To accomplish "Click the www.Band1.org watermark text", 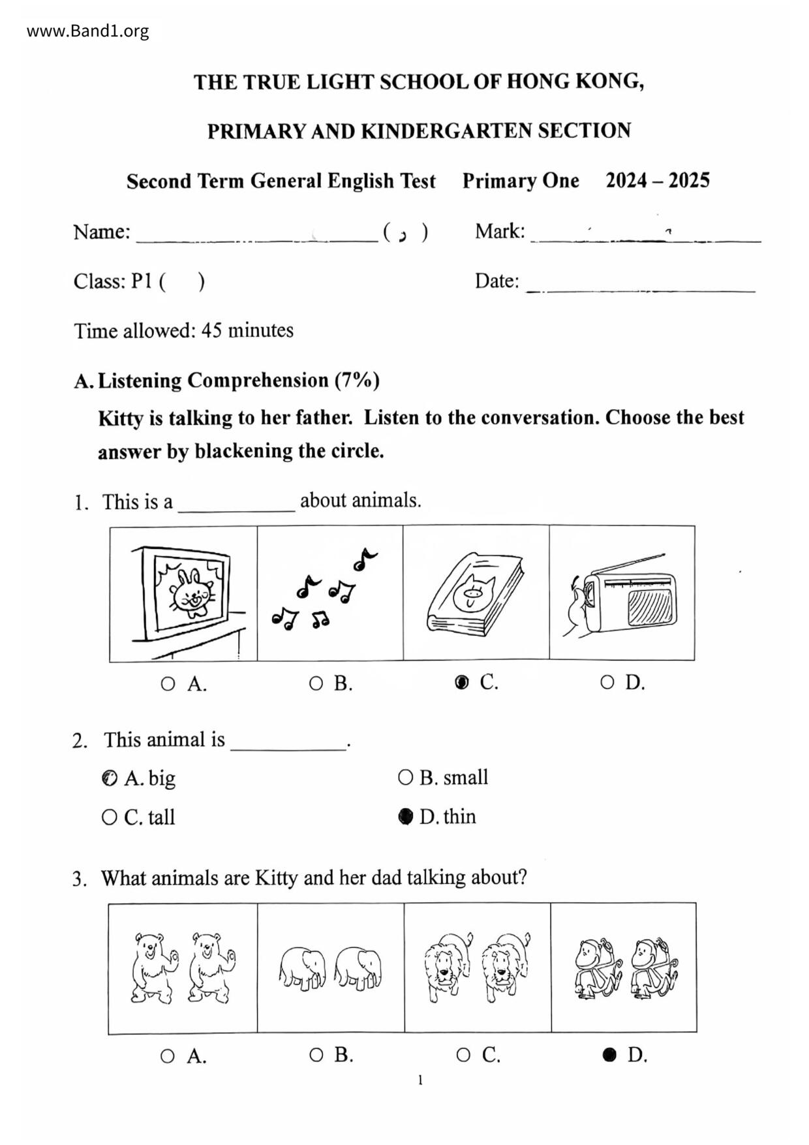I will (87, 31).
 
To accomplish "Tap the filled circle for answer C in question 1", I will (461, 683).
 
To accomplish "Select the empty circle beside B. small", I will (405, 777).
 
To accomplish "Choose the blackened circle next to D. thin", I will (406, 817).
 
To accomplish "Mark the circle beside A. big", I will (110, 778).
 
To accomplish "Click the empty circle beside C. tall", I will (110, 817).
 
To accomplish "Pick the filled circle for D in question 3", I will (609, 1055).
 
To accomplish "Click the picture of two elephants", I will (330, 968).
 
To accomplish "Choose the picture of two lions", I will (477, 968).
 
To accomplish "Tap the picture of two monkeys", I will (625, 968).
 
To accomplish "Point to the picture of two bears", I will (183, 968).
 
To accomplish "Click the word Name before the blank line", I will (101, 232).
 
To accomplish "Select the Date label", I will (496, 281).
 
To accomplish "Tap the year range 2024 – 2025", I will (657, 181).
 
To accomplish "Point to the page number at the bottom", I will (420, 1080).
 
